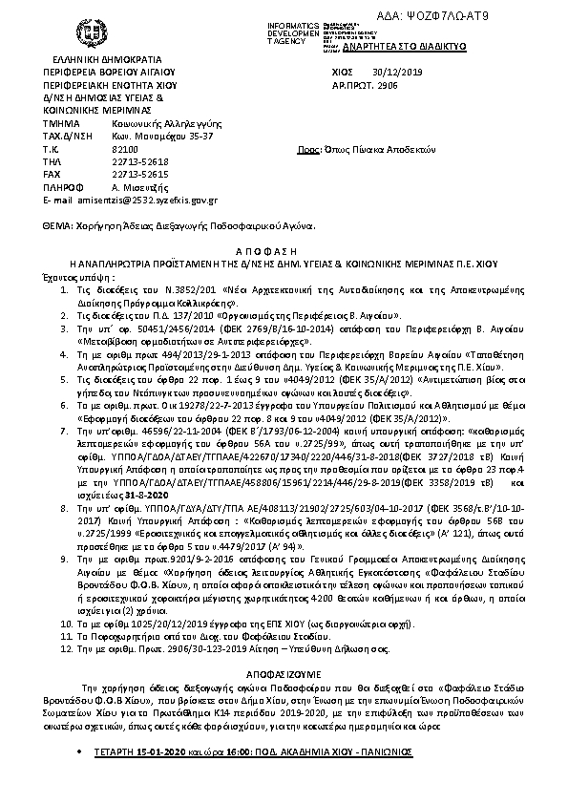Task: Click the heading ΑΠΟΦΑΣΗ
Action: [284, 244]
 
